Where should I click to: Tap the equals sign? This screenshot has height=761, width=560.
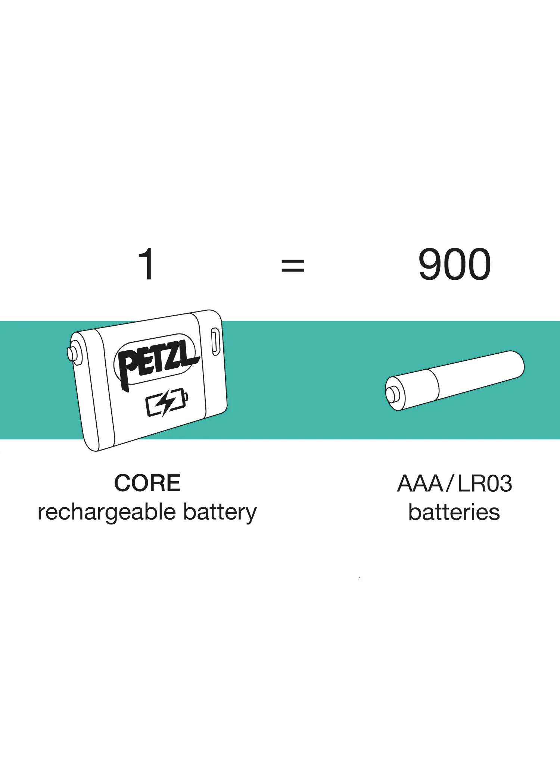(x=293, y=265)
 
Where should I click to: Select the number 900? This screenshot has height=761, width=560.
(x=454, y=264)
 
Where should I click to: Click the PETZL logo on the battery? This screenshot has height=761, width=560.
(x=157, y=362)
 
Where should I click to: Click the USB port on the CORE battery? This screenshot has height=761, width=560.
(x=215, y=341)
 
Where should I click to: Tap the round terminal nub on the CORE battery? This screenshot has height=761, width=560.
(x=72, y=353)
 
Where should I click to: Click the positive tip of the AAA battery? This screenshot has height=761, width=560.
(x=391, y=395)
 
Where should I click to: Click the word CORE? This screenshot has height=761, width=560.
(x=147, y=483)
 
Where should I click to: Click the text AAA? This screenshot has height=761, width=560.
(x=420, y=483)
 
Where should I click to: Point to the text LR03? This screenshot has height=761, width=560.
(x=485, y=483)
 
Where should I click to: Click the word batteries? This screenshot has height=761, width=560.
(x=454, y=512)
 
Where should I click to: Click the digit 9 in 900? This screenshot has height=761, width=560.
(x=430, y=264)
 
